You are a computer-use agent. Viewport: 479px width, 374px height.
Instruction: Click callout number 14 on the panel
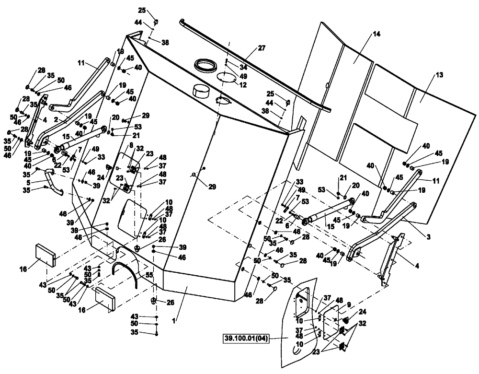376,35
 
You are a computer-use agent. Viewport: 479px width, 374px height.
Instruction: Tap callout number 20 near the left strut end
115,117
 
